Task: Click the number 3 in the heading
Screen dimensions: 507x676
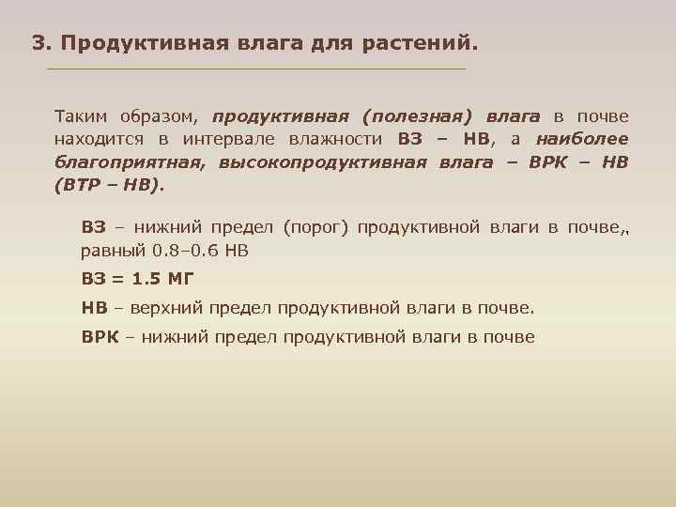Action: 38,43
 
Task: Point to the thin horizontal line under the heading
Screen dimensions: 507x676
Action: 255,69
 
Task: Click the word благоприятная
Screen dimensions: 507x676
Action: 130,162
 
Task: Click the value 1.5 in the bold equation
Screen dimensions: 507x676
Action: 147,279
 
